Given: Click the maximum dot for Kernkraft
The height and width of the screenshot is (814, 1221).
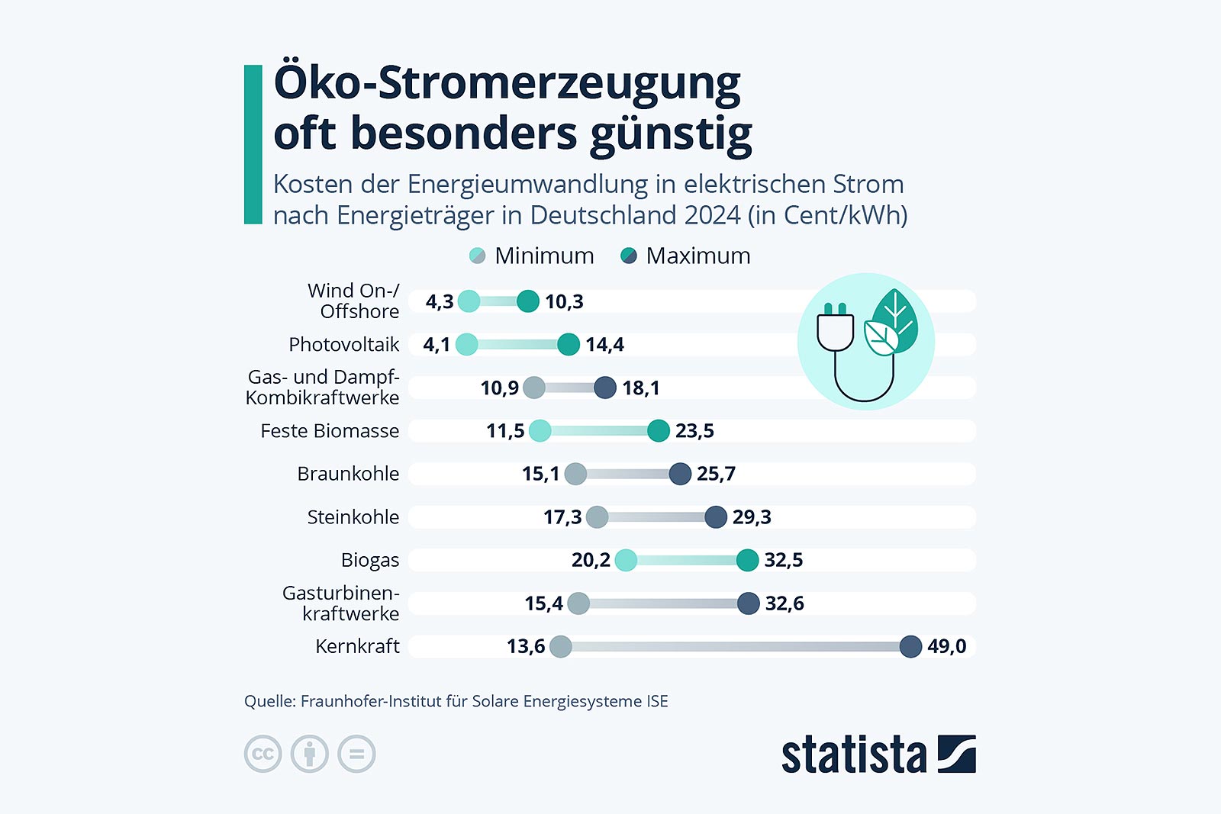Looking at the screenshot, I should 910,647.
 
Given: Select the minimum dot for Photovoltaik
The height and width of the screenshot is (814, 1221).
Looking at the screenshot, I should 467,345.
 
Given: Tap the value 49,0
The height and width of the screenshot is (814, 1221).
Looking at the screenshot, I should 946,647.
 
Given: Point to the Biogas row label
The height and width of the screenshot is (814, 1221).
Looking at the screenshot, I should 370,561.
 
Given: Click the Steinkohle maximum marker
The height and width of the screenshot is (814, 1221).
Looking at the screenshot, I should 716,517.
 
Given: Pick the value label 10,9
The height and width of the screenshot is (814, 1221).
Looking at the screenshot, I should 499,388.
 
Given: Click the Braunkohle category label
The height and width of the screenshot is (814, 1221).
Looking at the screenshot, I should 348,475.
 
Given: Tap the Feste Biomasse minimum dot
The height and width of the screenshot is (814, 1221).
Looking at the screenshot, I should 540,431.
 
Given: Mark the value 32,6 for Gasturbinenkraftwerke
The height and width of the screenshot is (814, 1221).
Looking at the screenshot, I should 784,604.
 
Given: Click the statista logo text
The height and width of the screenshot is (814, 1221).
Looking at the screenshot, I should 854,755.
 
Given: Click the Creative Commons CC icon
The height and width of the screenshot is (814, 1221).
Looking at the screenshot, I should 263,754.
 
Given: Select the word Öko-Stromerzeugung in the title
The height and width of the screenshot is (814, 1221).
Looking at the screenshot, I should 507,82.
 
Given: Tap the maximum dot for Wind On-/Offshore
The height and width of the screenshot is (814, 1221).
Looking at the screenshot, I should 528,301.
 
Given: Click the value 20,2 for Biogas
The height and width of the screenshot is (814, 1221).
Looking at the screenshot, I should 591,561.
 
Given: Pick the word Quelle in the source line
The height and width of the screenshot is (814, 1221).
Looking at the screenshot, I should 269,702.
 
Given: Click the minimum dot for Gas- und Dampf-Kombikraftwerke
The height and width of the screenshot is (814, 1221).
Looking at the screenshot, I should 534,388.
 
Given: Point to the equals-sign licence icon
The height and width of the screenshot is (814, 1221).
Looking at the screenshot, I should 356,754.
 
